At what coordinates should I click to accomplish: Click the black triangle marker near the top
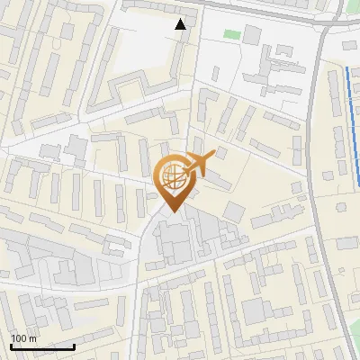pyautogui.click(x=181, y=24)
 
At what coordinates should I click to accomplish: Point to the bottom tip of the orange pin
pyautogui.click(x=171, y=211)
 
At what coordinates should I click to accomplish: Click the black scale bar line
pyautogui.click(x=42, y=346)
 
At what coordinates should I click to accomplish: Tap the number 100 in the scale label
pyautogui.click(x=19, y=338)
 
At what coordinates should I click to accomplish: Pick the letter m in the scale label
pyautogui.click(x=33, y=338)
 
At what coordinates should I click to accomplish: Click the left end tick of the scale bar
pyautogui.click(x=11, y=344)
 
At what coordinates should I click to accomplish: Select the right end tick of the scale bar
pyautogui.click(x=74, y=344)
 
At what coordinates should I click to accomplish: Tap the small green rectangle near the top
pyautogui.click(x=232, y=34)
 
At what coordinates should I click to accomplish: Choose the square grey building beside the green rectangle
pyautogui.click(x=252, y=34)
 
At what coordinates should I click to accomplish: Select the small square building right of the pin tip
pyautogui.click(x=234, y=211)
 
